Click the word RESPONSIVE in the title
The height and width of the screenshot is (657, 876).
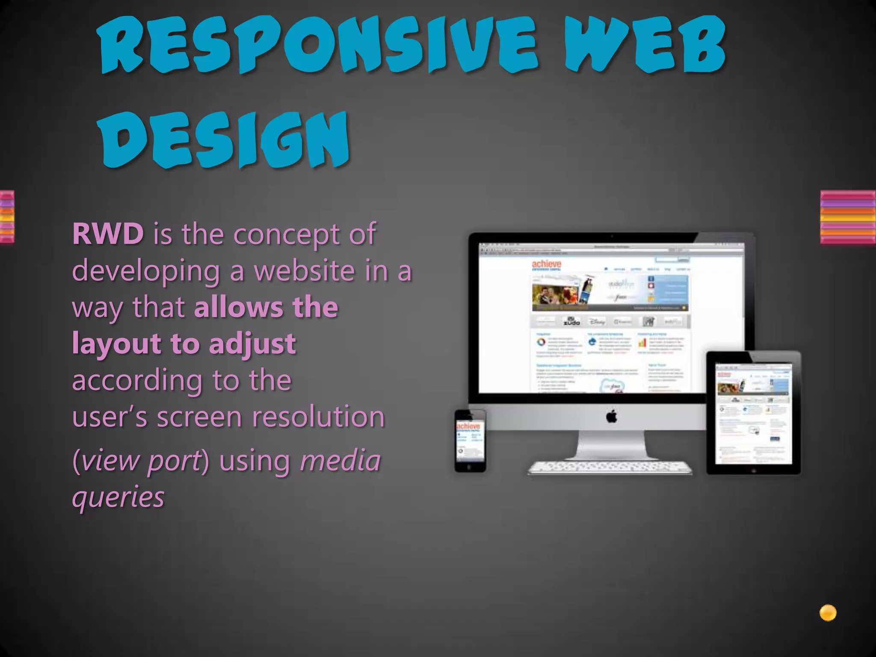click(x=317, y=45)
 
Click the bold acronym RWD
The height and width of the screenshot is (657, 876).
click(x=108, y=234)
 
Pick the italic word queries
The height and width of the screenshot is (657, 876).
click(x=118, y=497)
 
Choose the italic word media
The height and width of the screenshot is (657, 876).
click(x=340, y=461)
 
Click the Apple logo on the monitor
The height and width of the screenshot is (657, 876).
click(x=612, y=416)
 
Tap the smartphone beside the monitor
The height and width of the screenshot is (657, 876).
click(x=470, y=441)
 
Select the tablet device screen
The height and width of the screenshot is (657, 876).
click(x=753, y=413)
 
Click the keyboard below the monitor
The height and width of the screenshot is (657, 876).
click(x=610, y=467)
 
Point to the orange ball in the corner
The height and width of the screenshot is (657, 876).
click(x=828, y=613)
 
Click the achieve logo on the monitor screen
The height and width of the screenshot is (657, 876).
click(x=546, y=265)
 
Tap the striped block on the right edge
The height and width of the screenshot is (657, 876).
click(x=848, y=217)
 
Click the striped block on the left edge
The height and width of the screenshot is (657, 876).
click(x=7, y=217)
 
